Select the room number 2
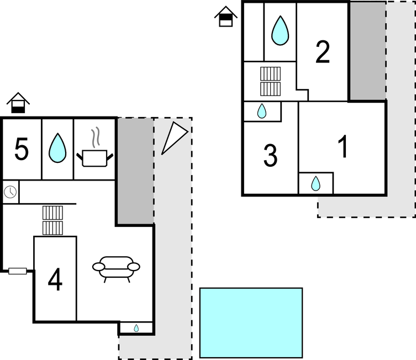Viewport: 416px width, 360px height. [323, 52]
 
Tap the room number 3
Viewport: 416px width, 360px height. [270, 156]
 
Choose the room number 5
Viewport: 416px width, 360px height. [22, 150]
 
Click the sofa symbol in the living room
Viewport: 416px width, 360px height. [116, 268]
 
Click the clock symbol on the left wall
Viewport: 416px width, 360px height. [10, 192]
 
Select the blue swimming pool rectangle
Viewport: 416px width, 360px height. [251, 322]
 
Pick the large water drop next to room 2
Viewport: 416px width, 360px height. [280, 30]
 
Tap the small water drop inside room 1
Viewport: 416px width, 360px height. [315, 183]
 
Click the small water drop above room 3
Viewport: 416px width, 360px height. [262, 112]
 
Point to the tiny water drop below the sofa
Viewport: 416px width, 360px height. [136, 328]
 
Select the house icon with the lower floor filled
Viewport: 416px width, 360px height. [18, 103]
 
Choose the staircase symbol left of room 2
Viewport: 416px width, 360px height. [271, 81]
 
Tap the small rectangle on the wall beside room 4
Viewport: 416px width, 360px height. [18, 271]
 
